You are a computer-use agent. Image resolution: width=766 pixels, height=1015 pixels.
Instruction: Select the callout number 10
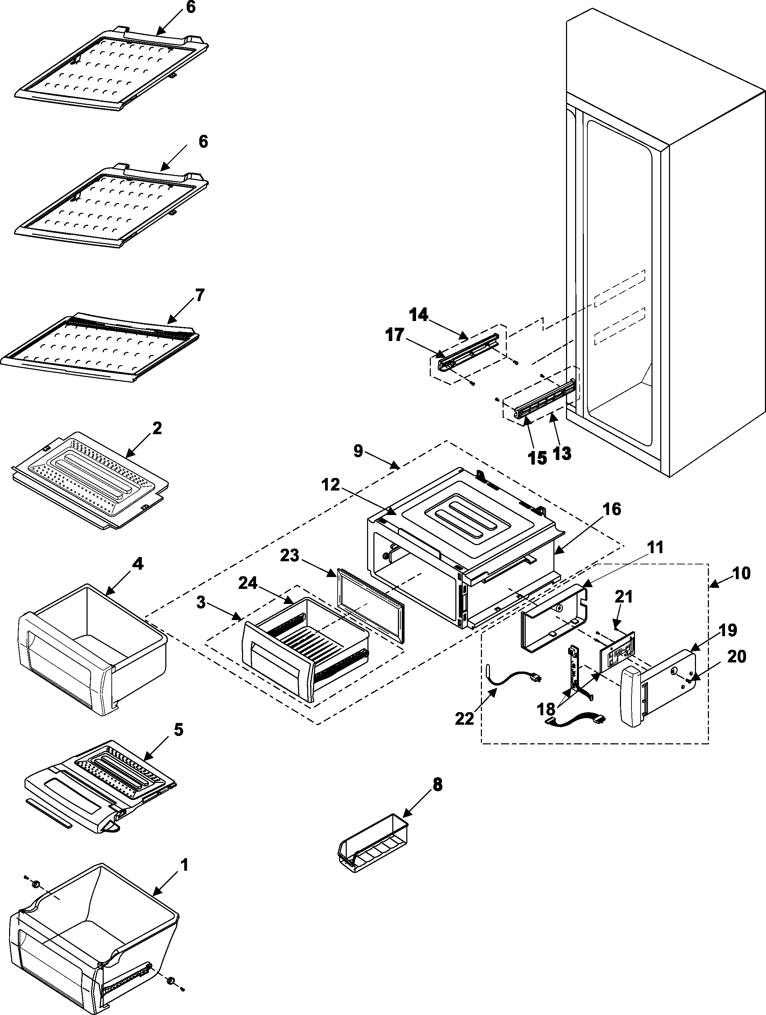pyautogui.click(x=742, y=573)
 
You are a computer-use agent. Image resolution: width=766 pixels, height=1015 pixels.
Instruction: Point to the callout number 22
pyautogui.click(x=464, y=718)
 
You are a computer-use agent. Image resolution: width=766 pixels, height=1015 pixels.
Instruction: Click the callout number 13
pyautogui.click(x=562, y=453)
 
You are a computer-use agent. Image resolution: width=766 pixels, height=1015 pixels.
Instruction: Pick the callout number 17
pyautogui.click(x=395, y=335)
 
